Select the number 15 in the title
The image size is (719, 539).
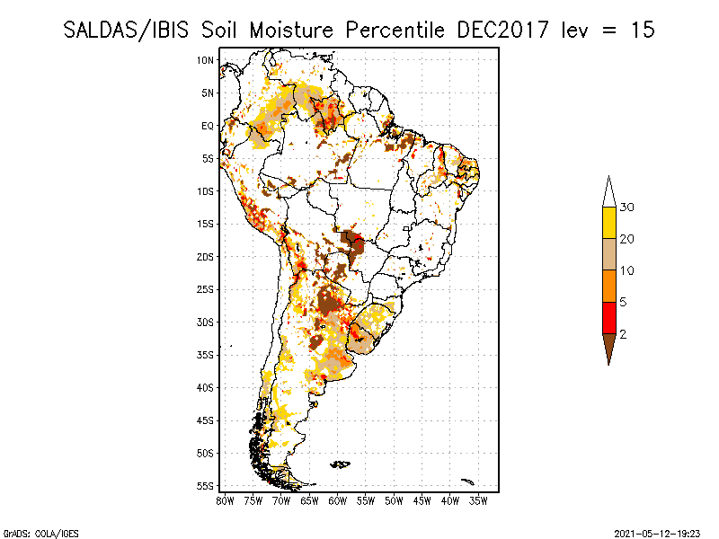pyautogui.click(x=642, y=30)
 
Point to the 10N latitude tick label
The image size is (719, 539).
pyautogui.click(x=206, y=60)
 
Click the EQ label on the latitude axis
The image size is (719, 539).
pyautogui.click(x=208, y=126)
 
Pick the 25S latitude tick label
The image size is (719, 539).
pyautogui.click(x=206, y=289)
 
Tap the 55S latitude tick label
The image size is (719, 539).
pyautogui.click(x=206, y=486)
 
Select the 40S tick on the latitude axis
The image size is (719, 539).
pyautogui.click(x=206, y=387)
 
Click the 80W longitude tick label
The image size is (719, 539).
pyautogui.click(x=226, y=500)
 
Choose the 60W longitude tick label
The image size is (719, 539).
pyautogui.click(x=338, y=500)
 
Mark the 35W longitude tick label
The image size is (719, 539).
pyautogui.click(x=478, y=500)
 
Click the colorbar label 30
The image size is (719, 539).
pyautogui.click(x=628, y=208)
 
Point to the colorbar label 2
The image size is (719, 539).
pyautogui.click(x=624, y=333)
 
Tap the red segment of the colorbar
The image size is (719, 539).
pyautogui.click(x=609, y=317)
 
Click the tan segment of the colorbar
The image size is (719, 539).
pyautogui.click(x=609, y=254)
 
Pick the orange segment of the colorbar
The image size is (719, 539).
pyautogui.click(x=609, y=286)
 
